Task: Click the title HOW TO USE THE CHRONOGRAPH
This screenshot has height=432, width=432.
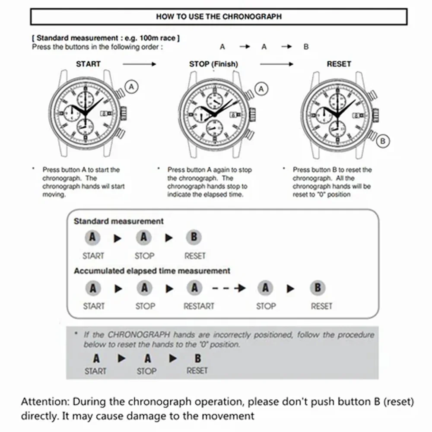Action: (x=219, y=17)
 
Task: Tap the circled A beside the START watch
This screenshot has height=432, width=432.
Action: (x=132, y=87)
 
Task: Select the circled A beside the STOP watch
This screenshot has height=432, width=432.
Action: (x=260, y=89)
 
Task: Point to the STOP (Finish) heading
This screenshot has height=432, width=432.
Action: (x=213, y=64)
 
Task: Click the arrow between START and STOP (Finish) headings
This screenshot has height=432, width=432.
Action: (x=139, y=64)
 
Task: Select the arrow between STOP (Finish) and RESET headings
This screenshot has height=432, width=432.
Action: (x=276, y=64)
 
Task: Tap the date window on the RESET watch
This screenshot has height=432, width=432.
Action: (x=358, y=114)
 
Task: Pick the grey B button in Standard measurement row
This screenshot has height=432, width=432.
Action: (x=194, y=237)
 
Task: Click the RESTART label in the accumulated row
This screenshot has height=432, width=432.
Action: (x=199, y=306)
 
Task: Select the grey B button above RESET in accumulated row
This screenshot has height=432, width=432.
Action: (x=318, y=288)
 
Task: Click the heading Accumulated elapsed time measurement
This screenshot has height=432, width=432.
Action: (x=152, y=271)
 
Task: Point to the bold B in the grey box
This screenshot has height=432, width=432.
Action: (x=197, y=358)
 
